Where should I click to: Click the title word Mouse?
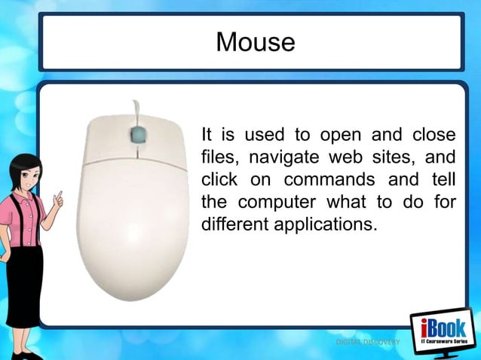pos(255,41)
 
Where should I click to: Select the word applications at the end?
pos(326,224)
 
